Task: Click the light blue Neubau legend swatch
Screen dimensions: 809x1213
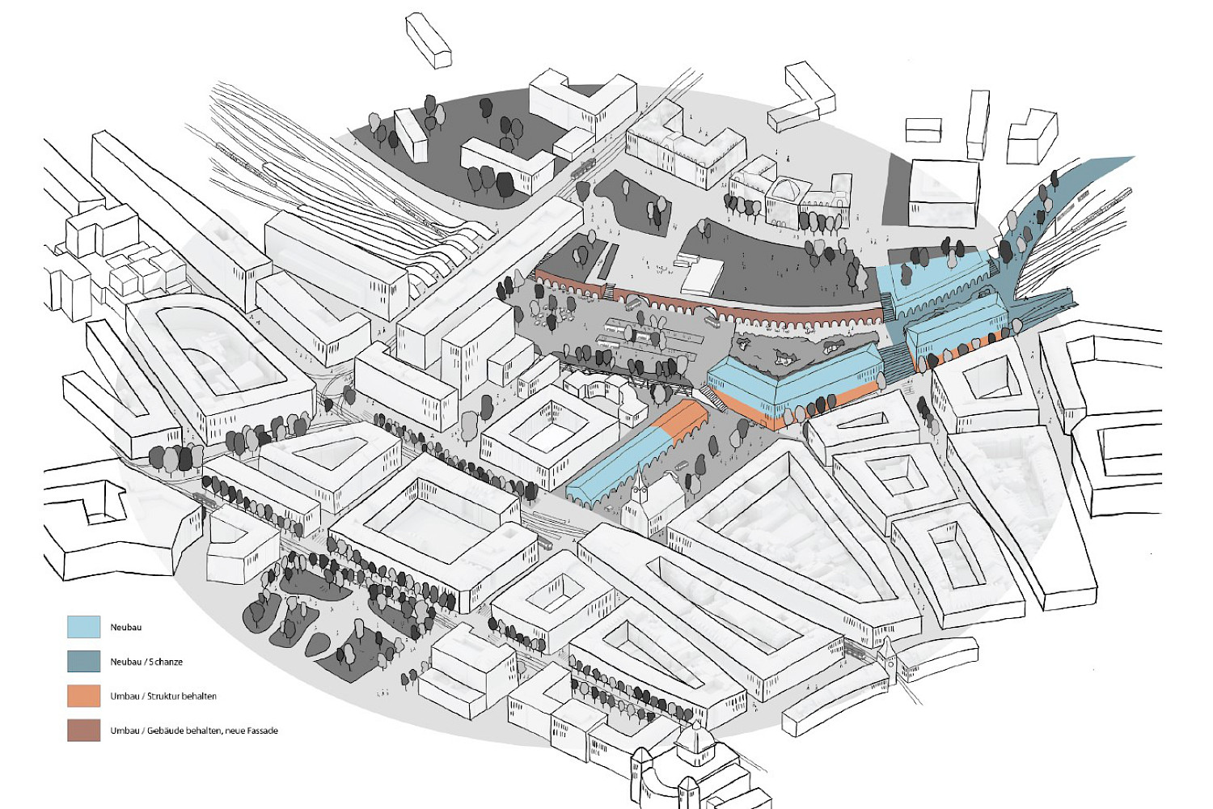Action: tap(83, 627)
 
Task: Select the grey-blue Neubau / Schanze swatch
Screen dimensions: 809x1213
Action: tap(83, 662)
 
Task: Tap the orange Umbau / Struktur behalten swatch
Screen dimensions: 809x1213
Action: tap(83, 696)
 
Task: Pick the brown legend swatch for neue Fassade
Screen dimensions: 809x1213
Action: tap(83, 731)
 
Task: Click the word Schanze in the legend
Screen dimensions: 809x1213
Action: tap(166, 662)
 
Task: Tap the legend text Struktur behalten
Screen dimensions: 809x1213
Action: tap(182, 696)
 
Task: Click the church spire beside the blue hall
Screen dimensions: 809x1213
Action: tap(640, 485)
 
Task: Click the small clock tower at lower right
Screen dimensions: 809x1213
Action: tap(890, 652)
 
